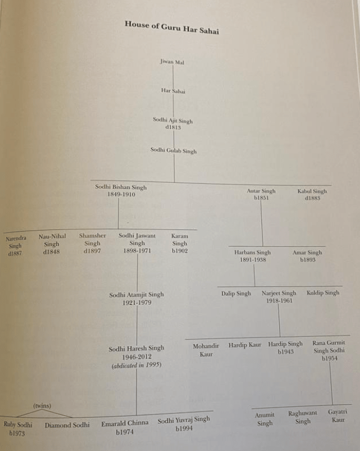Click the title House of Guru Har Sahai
point(171,27)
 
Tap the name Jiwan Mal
point(172,62)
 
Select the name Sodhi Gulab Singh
point(173,151)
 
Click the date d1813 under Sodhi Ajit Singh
point(173,127)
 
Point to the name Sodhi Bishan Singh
point(121,187)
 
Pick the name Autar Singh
point(261,191)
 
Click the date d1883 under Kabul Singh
point(312,198)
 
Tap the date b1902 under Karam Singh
point(179,250)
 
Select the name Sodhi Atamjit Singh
point(136,295)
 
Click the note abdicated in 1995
point(136,366)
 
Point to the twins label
point(42,406)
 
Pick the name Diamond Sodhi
point(67,426)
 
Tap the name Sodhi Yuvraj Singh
point(183,420)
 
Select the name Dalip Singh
point(236,294)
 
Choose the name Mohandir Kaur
point(205,350)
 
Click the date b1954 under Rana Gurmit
point(330,358)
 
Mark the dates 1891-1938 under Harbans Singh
point(253,259)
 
